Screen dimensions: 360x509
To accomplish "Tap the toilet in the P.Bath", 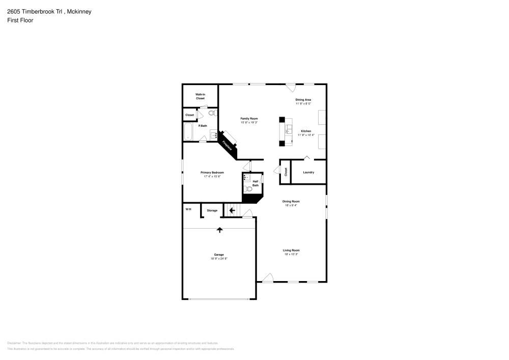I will coord(212,113).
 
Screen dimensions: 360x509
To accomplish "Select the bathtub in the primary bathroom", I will coord(188,131).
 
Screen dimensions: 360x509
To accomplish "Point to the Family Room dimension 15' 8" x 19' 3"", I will coord(249,122).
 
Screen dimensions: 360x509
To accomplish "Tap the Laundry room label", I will coord(308,172).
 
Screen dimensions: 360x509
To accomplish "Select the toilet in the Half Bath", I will coord(249,189).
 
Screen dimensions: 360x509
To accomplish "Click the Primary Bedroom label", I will coord(212,173).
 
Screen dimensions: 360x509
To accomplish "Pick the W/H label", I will coord(188,209).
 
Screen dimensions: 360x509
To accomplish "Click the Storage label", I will coord(212,210).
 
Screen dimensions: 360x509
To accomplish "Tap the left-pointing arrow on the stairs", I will coord(232,210).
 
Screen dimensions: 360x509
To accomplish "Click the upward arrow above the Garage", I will coord(220,230).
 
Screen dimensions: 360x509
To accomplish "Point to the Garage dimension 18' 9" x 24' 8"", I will coord(219,259).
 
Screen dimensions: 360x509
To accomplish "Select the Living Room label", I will coord(291,250).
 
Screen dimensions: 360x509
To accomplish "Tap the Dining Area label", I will coord(303,99).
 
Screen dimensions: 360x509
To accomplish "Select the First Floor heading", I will coord(20,20).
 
